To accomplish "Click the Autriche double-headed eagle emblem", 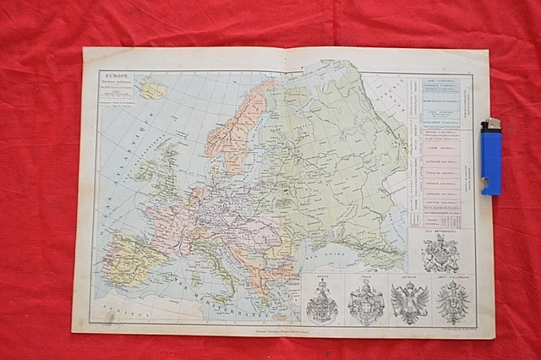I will click(409, 303).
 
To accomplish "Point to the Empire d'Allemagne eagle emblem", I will click(452, 302).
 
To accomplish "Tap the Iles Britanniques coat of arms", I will click(440, 252).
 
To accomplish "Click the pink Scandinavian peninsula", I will click(237, 127).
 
